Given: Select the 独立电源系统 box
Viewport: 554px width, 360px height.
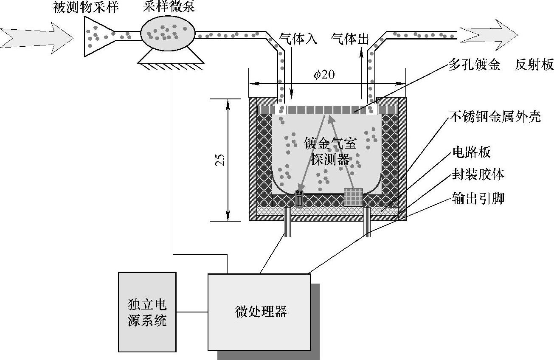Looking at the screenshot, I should coord(147,312).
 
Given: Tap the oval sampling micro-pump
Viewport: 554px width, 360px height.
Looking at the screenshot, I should coord(168,33).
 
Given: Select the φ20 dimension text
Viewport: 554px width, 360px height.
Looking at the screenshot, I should coord(324,75).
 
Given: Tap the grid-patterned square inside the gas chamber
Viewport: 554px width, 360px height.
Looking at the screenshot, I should coord(354,197).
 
